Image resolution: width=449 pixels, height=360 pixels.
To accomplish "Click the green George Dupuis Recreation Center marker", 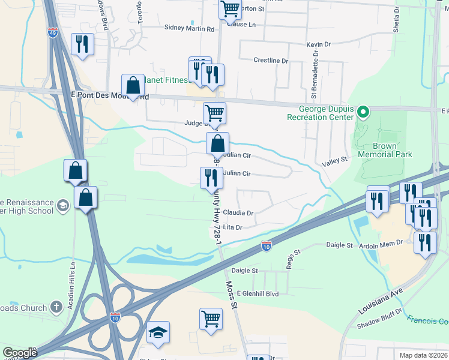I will pyautogui.click(x=363, y=112).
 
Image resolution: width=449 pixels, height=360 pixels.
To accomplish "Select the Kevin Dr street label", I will pyautogui.click(x=318, y=44).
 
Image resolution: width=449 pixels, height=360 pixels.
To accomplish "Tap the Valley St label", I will pyautogui.click(x=335, y=160).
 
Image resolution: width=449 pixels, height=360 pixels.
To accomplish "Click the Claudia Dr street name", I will pyautogui.click(x=238, y=212).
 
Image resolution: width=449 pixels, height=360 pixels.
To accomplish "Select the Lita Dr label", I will pyautogui.click(x=232, y=227).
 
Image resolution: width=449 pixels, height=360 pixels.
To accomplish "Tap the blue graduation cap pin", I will pyautogui.click(x=158, y=332).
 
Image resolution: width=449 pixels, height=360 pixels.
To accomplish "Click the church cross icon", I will pyautogui.click(x=56, y=307).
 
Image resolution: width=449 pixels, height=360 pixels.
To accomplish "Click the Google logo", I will pyautogui.click(x=20, y=353).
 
